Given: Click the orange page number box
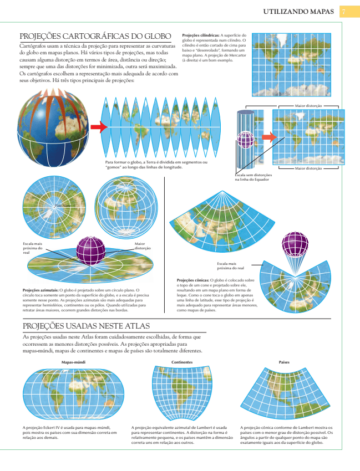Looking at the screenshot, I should tap(343, 11).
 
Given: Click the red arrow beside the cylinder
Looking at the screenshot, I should tap(268, 137).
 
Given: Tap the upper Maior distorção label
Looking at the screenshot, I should tap(308, 104).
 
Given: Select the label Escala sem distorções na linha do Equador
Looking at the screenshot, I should tap(252, 177).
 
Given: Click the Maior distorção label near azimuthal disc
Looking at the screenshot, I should tap(143, 245).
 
